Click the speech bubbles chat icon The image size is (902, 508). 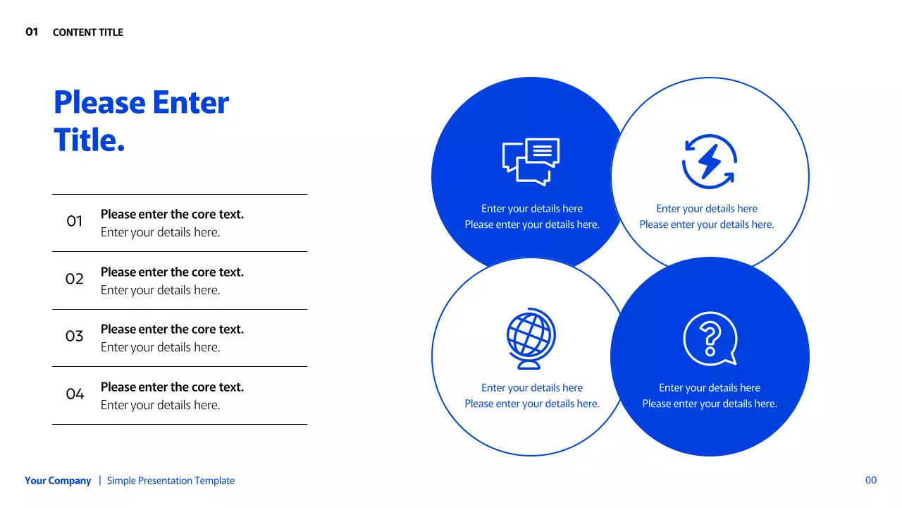[531, 162]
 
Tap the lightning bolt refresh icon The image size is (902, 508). [709, 162]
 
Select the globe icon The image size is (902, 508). [531, 338]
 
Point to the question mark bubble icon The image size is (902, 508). [710, 339]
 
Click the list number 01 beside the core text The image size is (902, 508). [75, 222]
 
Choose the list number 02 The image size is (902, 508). [75, 279]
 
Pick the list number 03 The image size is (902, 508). [75, 337]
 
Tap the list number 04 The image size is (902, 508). [75, 394]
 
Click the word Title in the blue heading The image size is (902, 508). [89, 140]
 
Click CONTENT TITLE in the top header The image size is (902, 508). [88, 32]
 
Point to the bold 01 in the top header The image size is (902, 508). [32, 32]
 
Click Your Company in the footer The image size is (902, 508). [58, 481]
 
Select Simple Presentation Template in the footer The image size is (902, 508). [171, 481]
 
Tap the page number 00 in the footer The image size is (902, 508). [871, 480]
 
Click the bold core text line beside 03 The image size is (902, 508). [172, 329]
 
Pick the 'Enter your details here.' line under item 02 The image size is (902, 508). [160, 290]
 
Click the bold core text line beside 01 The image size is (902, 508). [172, 214]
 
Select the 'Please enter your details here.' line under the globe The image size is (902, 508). [532, 404]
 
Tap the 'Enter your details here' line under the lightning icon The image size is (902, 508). [707, 209]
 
